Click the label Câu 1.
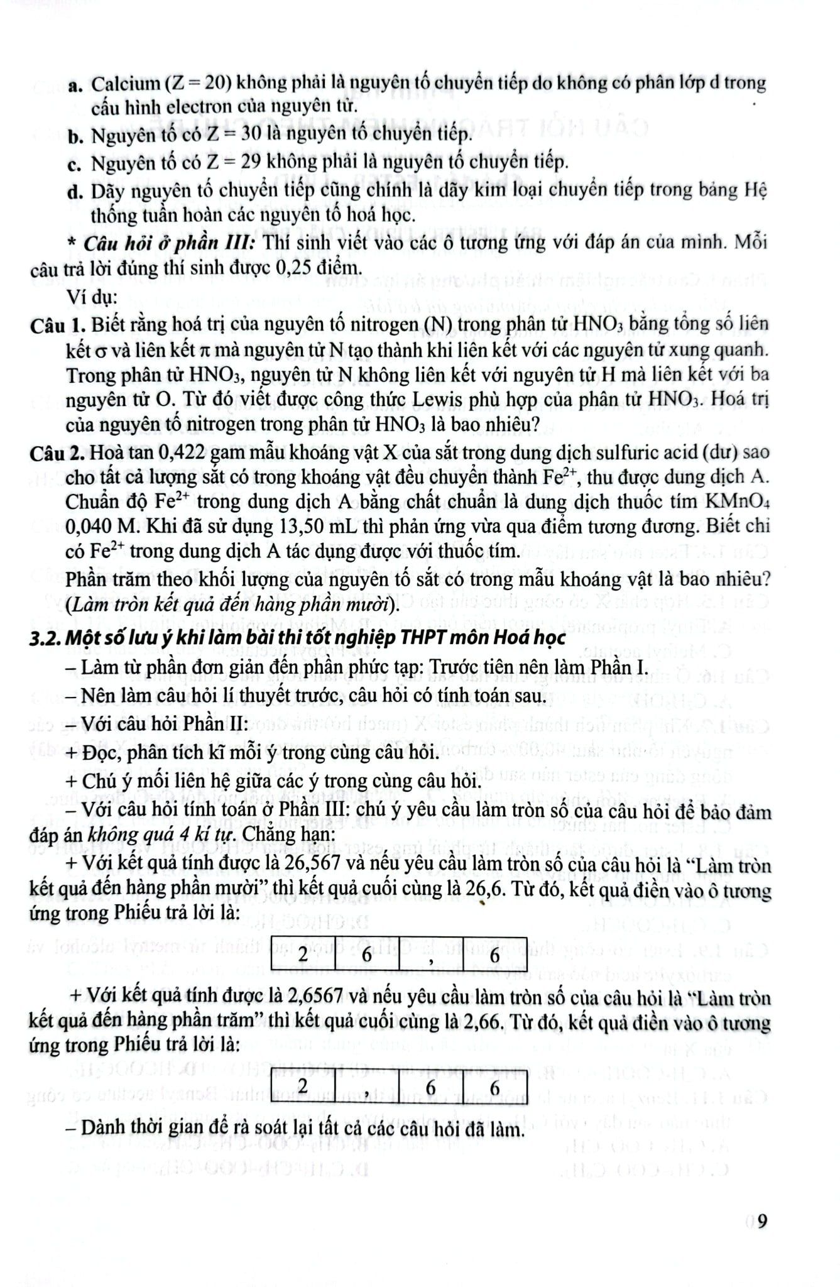(x=57, y=325)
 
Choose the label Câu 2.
(x=57, y=452)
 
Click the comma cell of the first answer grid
(x=432, y=955)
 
